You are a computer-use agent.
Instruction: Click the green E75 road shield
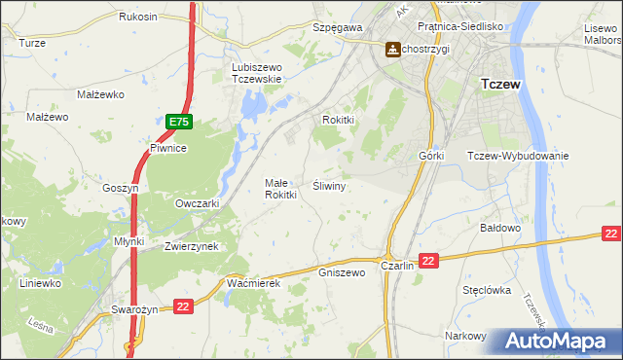click(179, 123)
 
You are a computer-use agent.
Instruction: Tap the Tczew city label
click(501, 85)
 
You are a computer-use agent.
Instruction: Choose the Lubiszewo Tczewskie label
click(256, 73)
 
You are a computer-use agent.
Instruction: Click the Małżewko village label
click(98, 94)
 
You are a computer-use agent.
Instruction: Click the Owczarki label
click(197, 204)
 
